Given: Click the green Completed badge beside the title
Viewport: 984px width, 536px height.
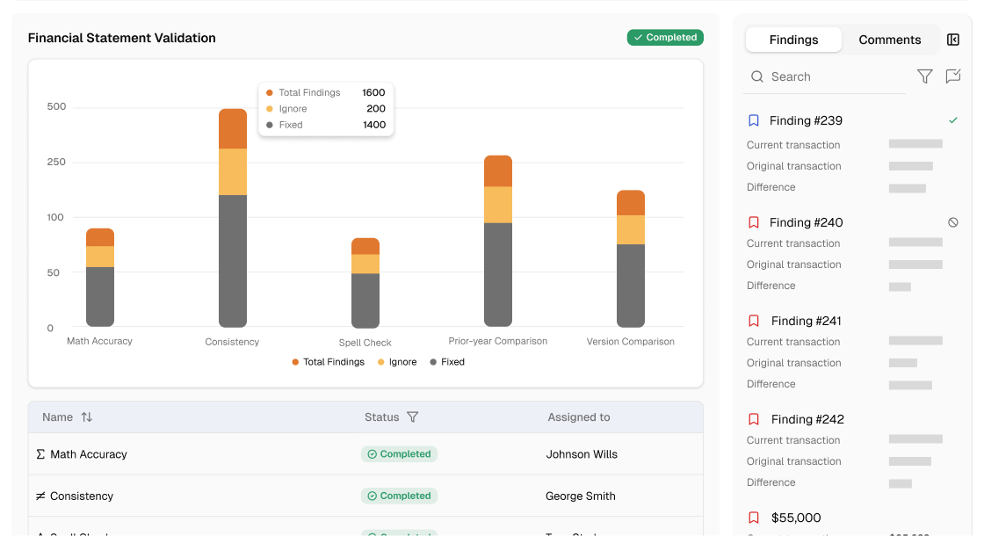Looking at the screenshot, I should click(x=665, y=38).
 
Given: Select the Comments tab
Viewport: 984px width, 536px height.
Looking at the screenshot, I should click(x=889, y=40).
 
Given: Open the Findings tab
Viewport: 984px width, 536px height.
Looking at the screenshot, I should click(x=793, y=40).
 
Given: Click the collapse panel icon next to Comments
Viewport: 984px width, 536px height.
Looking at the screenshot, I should click(x=953, y=40).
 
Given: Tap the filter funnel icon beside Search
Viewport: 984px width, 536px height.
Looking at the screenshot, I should click(x=924, y=77).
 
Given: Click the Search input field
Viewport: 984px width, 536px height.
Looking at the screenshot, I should click(x=826, y=77).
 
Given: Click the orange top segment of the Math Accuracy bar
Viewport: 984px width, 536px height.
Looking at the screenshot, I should click(x=100, y=237).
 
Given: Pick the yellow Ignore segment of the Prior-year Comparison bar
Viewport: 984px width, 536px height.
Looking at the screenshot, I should click(x=498, y=204).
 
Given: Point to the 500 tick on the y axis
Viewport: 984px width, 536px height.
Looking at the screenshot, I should click(x=56, y=107).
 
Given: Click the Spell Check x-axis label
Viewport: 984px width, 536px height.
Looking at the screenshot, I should click(x=365, y=343).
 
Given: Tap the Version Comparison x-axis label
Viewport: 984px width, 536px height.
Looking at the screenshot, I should click(x=630, y=342).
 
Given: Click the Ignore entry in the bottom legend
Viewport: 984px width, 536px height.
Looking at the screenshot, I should click(x=397, y=362).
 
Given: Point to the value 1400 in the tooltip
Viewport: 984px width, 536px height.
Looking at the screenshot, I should click(x=373, y=125).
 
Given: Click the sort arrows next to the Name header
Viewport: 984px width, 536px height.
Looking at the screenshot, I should click(x=86, y=417).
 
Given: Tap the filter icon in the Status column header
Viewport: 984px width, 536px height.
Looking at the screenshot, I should click(x=412, y=417).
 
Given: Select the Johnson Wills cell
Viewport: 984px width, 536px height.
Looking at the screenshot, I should click(x=582, y=454).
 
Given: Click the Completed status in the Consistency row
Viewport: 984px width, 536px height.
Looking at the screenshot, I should click(x=399, y=496).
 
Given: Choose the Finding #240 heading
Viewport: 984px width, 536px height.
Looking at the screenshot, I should click(x=806, y=222).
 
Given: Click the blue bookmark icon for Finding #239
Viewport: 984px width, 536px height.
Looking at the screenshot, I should click(x=753, y=120).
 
